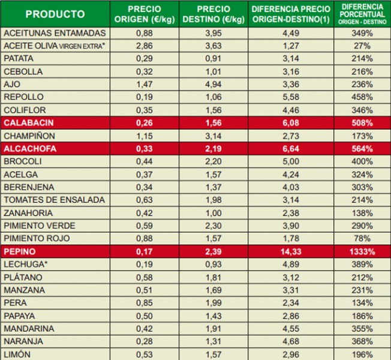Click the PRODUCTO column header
55,14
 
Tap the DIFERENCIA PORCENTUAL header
362,14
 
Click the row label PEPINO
19,251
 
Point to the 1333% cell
362,251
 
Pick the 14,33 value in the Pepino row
291,251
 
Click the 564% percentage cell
362,149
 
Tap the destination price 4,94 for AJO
222,84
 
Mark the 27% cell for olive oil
362,46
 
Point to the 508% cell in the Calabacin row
362,123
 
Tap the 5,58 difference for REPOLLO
291,97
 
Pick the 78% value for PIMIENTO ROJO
362,238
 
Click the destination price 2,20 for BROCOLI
222,161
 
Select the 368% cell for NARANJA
362,341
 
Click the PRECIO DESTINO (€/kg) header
222,14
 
